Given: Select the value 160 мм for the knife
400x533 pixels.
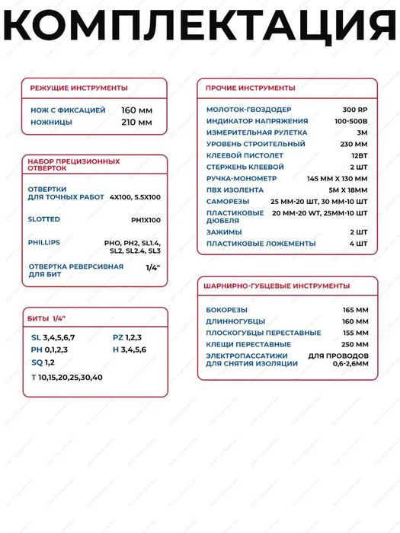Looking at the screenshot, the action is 136,110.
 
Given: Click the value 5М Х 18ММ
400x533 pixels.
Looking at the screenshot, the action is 347,189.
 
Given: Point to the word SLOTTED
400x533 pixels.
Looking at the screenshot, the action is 43,219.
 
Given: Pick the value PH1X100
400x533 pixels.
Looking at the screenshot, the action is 146,219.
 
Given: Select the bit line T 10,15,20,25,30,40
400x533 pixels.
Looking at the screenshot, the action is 67,378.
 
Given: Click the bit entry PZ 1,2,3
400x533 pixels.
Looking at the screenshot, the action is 127,337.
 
